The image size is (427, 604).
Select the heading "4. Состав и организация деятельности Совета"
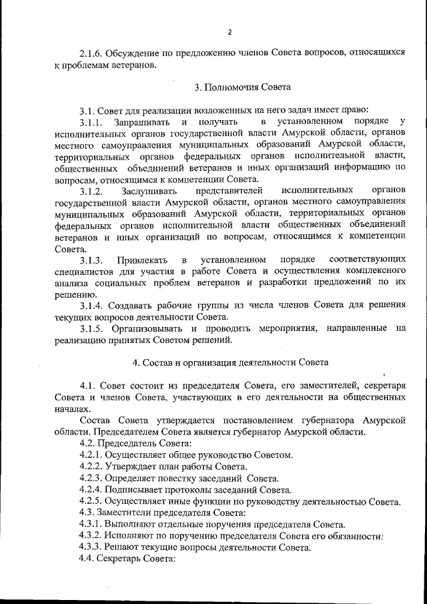230,362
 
